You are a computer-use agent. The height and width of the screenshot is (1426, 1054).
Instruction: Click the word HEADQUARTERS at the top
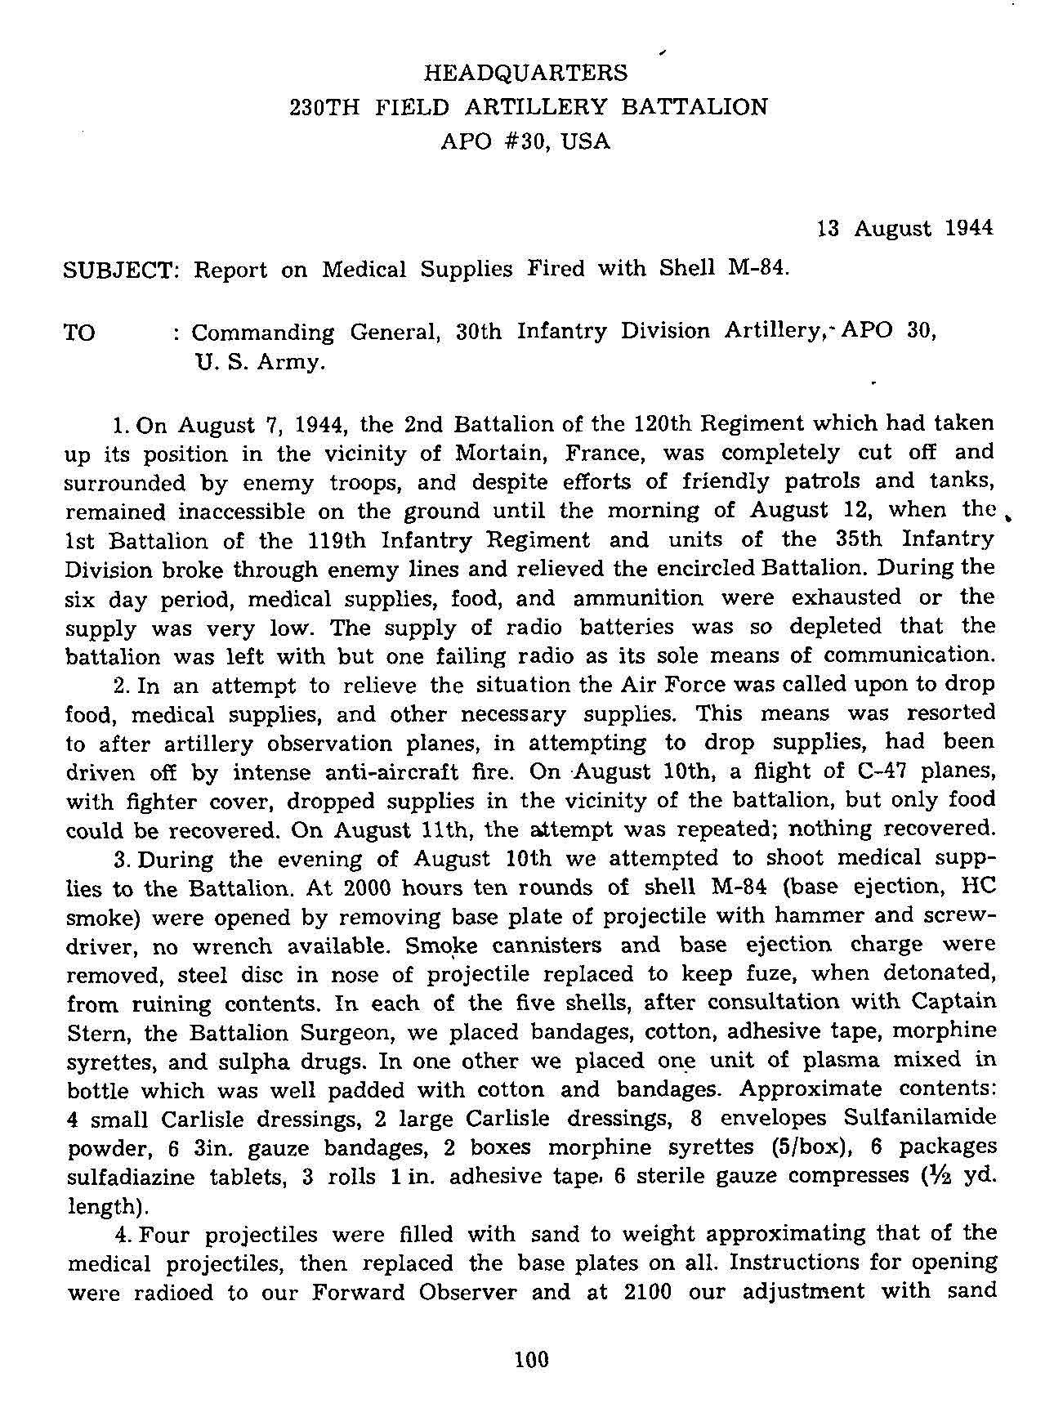click(526, 73)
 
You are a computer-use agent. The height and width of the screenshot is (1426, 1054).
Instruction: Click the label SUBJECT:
click(121, 270)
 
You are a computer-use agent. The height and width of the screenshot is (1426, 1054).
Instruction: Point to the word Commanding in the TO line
click(262, 333)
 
